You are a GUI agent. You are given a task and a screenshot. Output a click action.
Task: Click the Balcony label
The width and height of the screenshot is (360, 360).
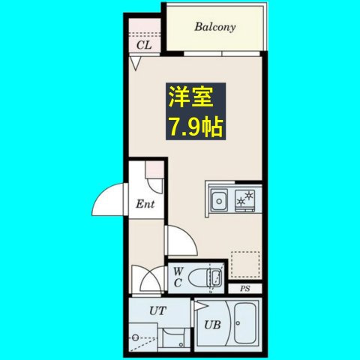215,28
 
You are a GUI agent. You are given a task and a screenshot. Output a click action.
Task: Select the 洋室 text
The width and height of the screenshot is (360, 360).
190,98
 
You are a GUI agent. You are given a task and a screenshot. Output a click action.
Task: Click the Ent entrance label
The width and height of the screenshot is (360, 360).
145,203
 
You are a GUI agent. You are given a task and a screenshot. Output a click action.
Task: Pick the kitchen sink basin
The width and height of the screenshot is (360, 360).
219,200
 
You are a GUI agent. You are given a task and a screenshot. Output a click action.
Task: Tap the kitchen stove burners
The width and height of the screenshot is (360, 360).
245,200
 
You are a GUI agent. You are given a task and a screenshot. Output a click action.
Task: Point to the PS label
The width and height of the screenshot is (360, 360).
244,289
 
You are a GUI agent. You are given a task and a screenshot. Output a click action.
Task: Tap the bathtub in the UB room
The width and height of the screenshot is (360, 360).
244,324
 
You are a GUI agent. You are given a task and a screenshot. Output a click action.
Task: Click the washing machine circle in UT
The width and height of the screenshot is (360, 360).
136,337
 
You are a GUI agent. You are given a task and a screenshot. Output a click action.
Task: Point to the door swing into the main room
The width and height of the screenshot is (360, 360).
181,240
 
